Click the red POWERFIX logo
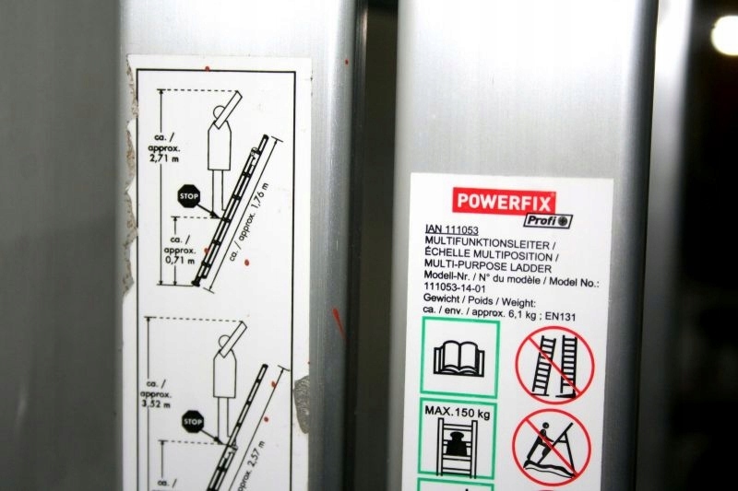[x=504, y=202]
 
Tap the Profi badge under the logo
[x=548, y=220]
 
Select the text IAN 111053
[x=451, y=229]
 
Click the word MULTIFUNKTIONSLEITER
[x=487, y=244]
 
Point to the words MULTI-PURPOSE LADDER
[x=488, y=268]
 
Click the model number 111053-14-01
[x=455, y=287]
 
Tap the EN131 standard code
[x=560, y=316]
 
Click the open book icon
[x=458, y=357]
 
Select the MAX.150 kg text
[x=457, y=412]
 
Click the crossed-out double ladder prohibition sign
[x=555, y=365]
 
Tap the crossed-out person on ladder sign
[x=551, y=448]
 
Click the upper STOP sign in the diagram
[x=188, y=196]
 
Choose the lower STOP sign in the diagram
[x=193, y=422]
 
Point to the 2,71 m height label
[x=164, y=158]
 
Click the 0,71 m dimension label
[x=180, y=260]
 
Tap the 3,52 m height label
[x=156, y=404]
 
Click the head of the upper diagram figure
[x=220, y=112]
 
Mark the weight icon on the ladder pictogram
[x=456, y=443]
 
